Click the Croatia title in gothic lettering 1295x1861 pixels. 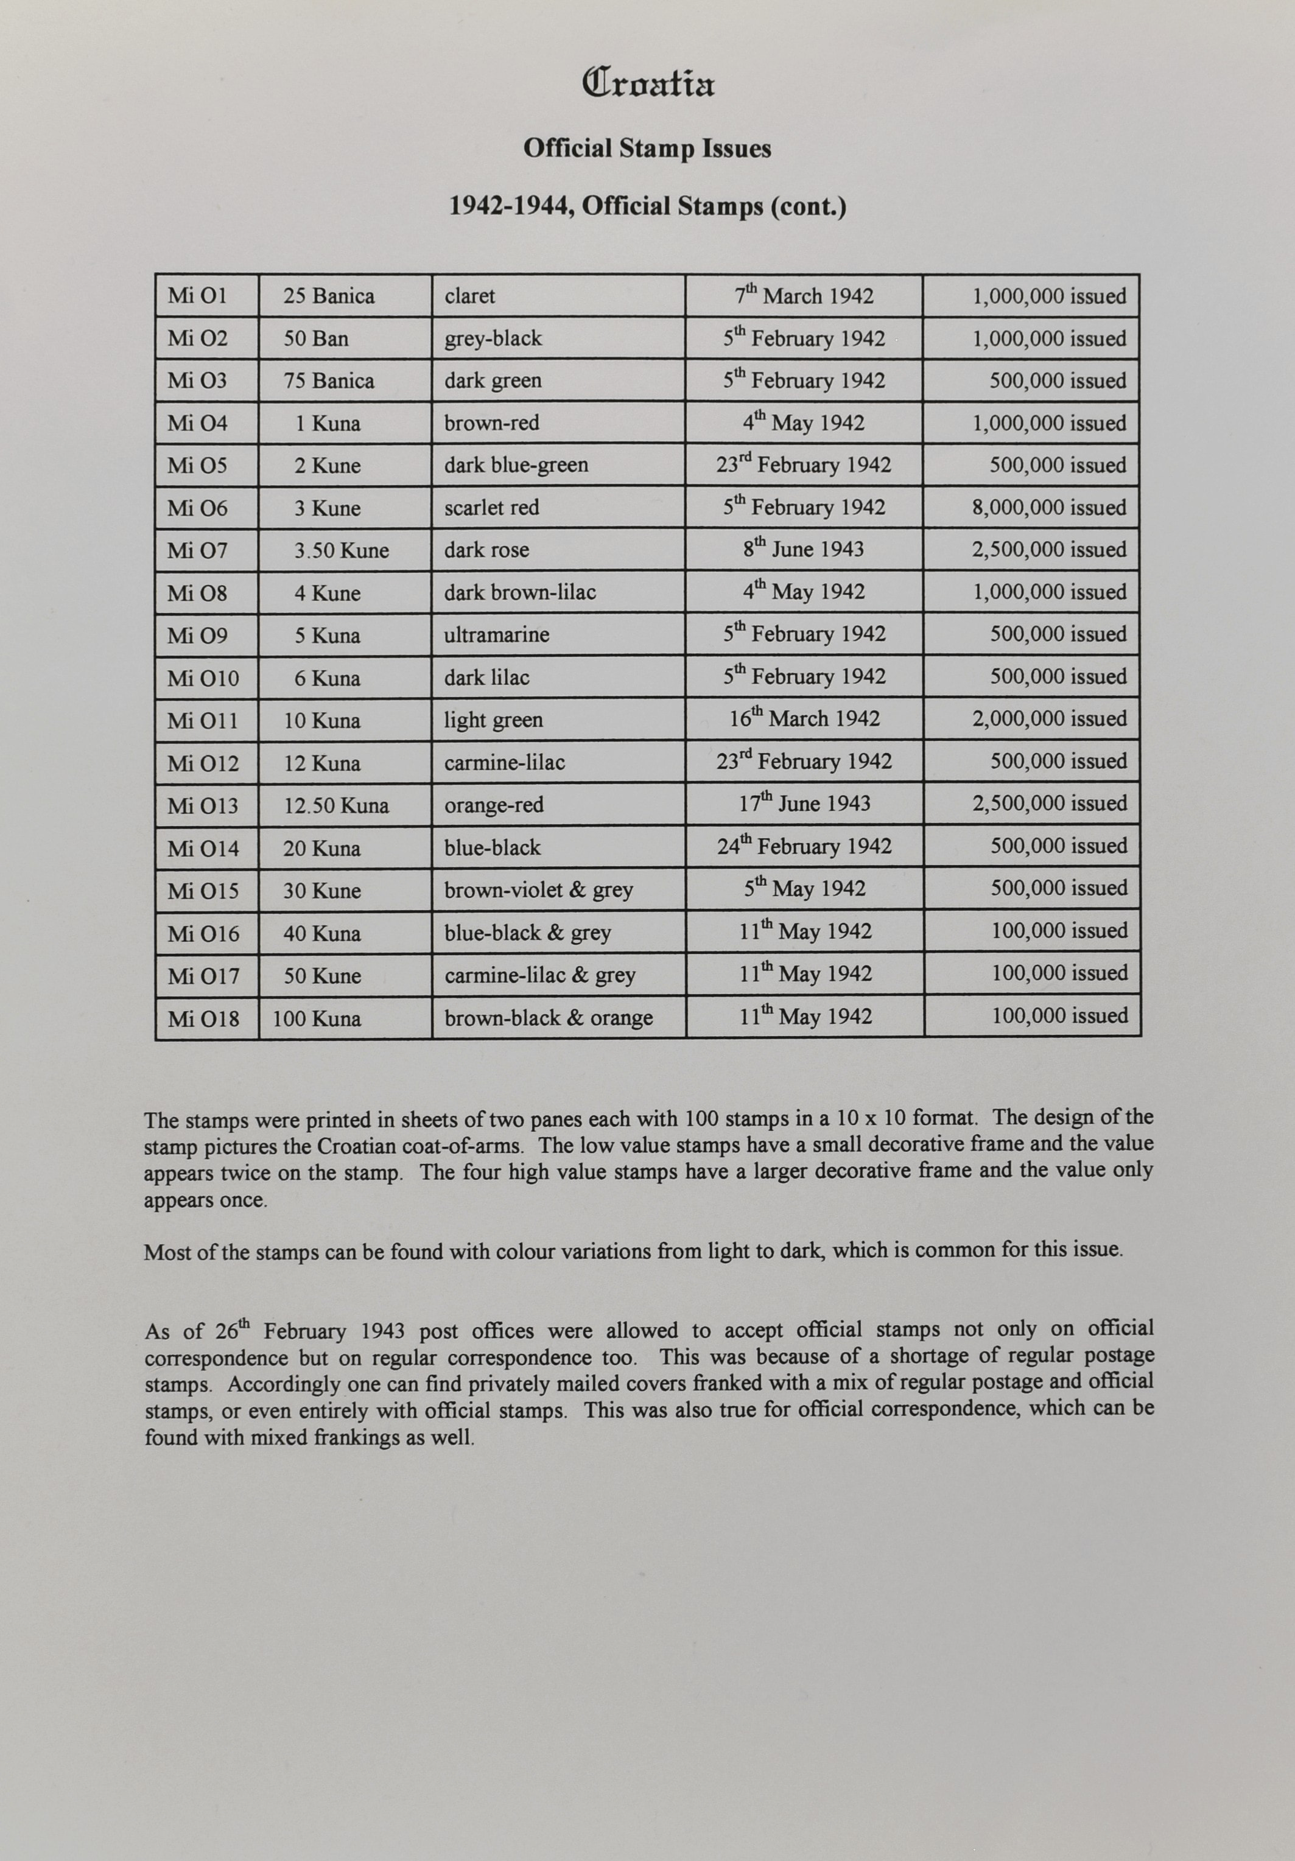point(648,83)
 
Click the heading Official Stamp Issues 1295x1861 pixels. point(647,149)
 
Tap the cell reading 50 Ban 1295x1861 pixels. point(315,339)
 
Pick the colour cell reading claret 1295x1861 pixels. point(469,296)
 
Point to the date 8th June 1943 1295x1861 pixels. point(803,550)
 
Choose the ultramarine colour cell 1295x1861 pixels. point(496,635)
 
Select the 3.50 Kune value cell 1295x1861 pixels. point(341,551)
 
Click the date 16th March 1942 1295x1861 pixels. point(804,719)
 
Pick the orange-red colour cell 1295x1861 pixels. point(494,805)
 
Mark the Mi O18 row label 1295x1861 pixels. point(203,1019)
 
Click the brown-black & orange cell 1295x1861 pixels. point(548,1018)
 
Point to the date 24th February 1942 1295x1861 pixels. point(804,847)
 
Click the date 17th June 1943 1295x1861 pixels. point(804,804)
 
